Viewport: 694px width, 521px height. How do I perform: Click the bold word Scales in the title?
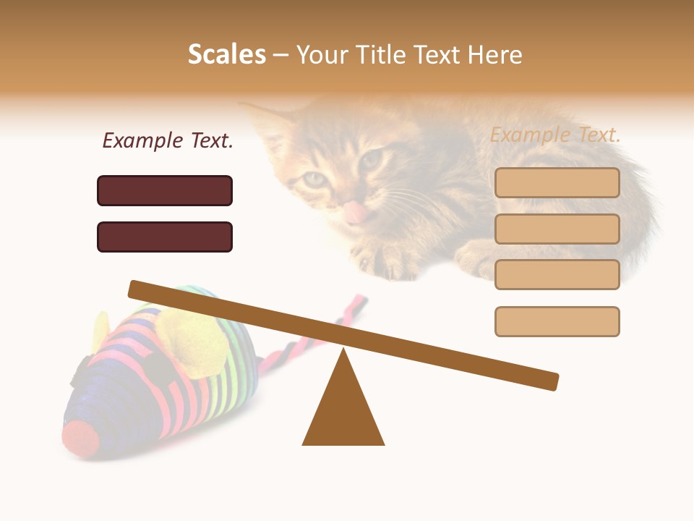coord(226,54)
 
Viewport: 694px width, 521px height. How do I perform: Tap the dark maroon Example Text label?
coord(168,140)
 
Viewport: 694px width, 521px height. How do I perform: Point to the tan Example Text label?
coord(555,135)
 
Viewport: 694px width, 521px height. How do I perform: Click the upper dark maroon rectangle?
coord(165,190)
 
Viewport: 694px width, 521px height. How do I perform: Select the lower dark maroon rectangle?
coord(165,237)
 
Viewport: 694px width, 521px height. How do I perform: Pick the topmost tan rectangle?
coord(557,183)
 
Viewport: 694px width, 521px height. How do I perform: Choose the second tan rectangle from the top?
coord(557,229)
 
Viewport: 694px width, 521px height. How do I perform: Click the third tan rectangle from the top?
coord(557,274)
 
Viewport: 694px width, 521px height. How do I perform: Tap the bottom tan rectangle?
coord(557,321)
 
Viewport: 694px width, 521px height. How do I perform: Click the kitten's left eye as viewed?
coord(316,179)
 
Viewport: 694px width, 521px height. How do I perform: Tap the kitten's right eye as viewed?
coord(371,159)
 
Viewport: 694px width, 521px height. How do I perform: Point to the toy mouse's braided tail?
coord(318,333)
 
